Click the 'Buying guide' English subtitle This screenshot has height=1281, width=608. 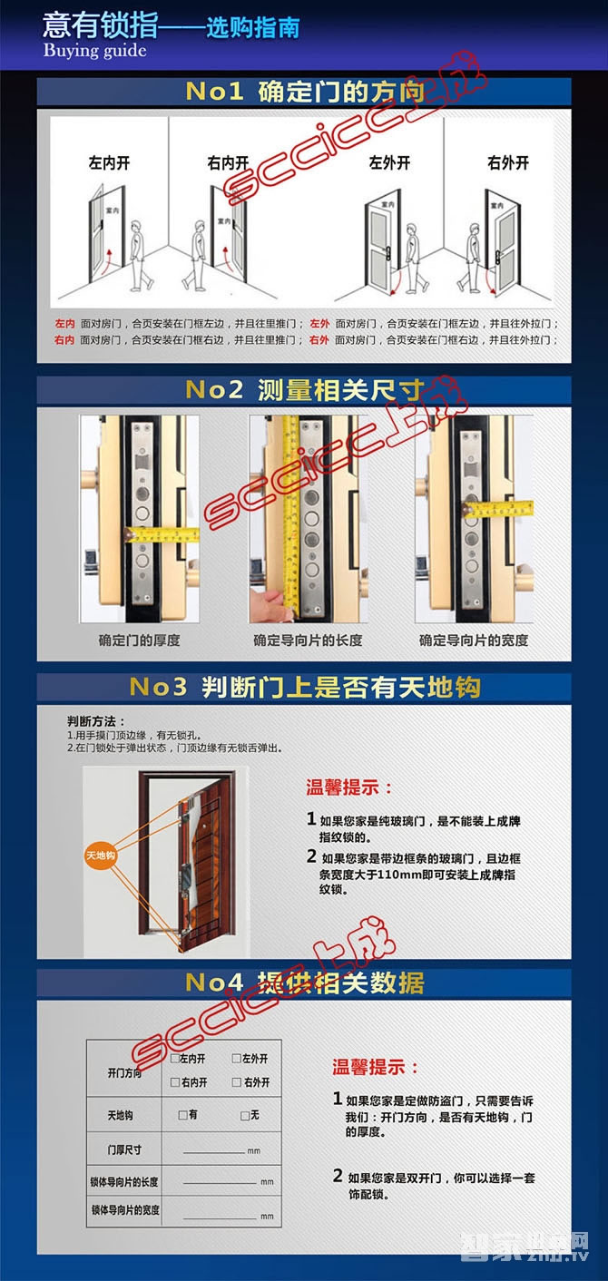94,51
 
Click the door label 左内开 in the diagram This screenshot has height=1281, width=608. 109,163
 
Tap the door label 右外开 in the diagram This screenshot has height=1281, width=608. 507,163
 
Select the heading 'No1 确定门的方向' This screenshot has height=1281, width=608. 304,93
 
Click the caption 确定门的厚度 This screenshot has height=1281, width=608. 140,640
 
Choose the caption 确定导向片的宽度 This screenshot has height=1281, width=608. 473,640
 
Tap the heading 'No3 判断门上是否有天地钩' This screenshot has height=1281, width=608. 304,687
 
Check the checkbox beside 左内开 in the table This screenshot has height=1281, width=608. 174,1059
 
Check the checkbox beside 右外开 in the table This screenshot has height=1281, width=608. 236,1082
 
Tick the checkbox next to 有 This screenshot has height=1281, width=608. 182,1115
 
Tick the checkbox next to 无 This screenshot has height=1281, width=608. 244,1115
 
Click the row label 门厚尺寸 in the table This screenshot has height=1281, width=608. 124,1149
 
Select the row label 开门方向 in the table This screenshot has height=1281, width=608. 124,1071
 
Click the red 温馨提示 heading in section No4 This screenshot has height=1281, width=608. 376,1067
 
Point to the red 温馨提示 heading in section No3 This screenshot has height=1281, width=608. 349,787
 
